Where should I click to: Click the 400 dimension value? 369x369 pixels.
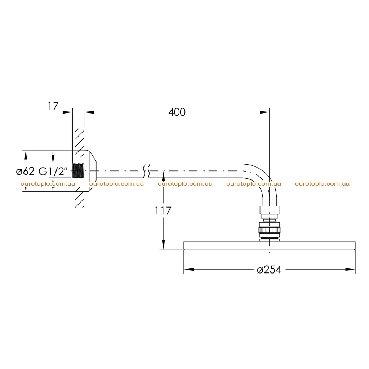tap(177, 112)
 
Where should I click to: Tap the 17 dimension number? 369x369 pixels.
tap(53, 106)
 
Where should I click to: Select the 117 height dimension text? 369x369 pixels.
tap(163, 211)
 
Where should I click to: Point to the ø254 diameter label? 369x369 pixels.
tap(269, 270)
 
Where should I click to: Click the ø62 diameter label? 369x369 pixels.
tap(26, 171)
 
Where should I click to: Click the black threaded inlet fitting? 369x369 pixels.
tap(78, 170)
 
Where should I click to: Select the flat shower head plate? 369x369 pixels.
tap(269, 245)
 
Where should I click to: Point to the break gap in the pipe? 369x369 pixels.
tap(147, 171)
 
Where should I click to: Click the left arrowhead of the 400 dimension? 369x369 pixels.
tap(89, 112)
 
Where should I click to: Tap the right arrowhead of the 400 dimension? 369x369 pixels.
tap(264, 112)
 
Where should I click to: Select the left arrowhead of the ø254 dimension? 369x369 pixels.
tap(189, 269)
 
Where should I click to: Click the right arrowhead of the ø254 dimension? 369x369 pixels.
tap(350, 269)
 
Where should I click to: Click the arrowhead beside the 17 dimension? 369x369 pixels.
tap(67, 112)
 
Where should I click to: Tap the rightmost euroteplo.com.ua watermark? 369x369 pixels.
tap(322, 184)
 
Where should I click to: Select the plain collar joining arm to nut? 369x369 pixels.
tap(270, 210)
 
